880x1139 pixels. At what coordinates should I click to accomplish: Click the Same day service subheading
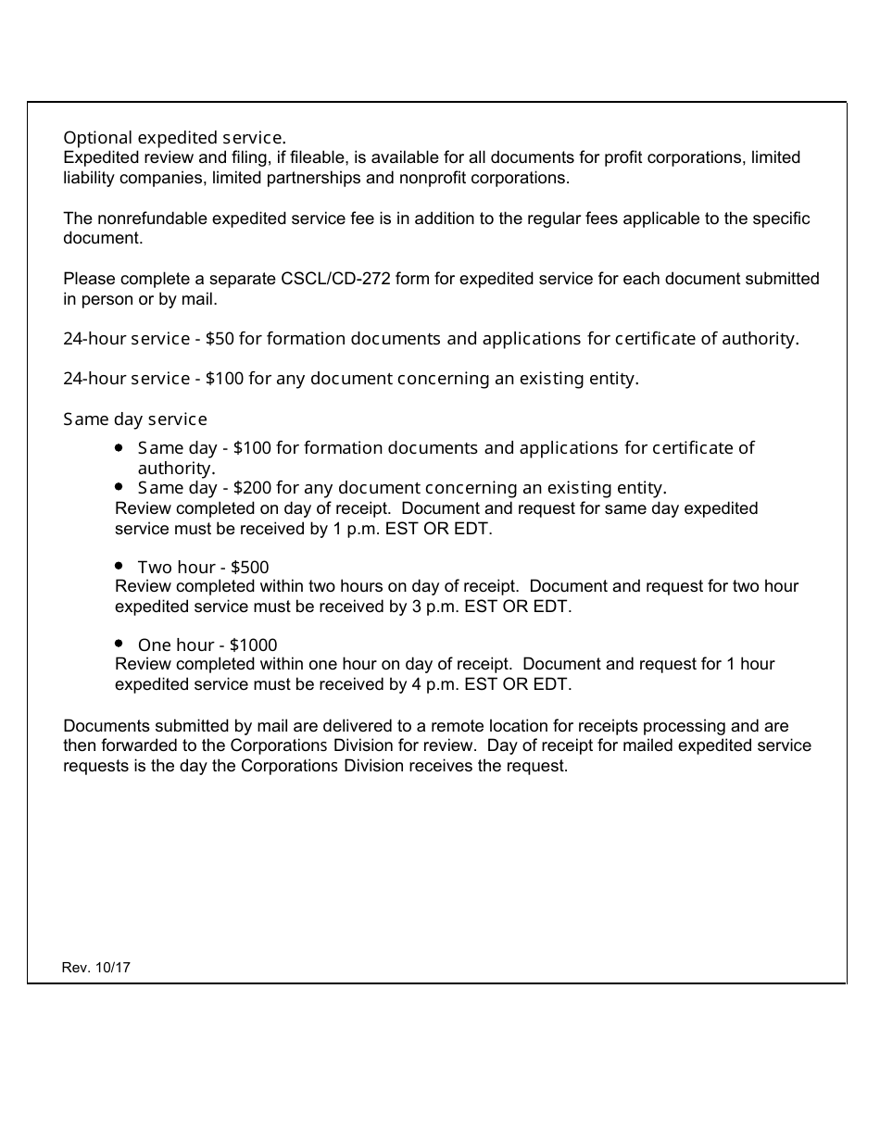tap(135, 419)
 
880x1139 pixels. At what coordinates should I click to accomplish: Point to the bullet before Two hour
tap(119, 565)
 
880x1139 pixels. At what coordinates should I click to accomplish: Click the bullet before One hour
tap(119, 643)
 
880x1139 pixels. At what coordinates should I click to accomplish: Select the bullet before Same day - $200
tap(119, 486)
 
